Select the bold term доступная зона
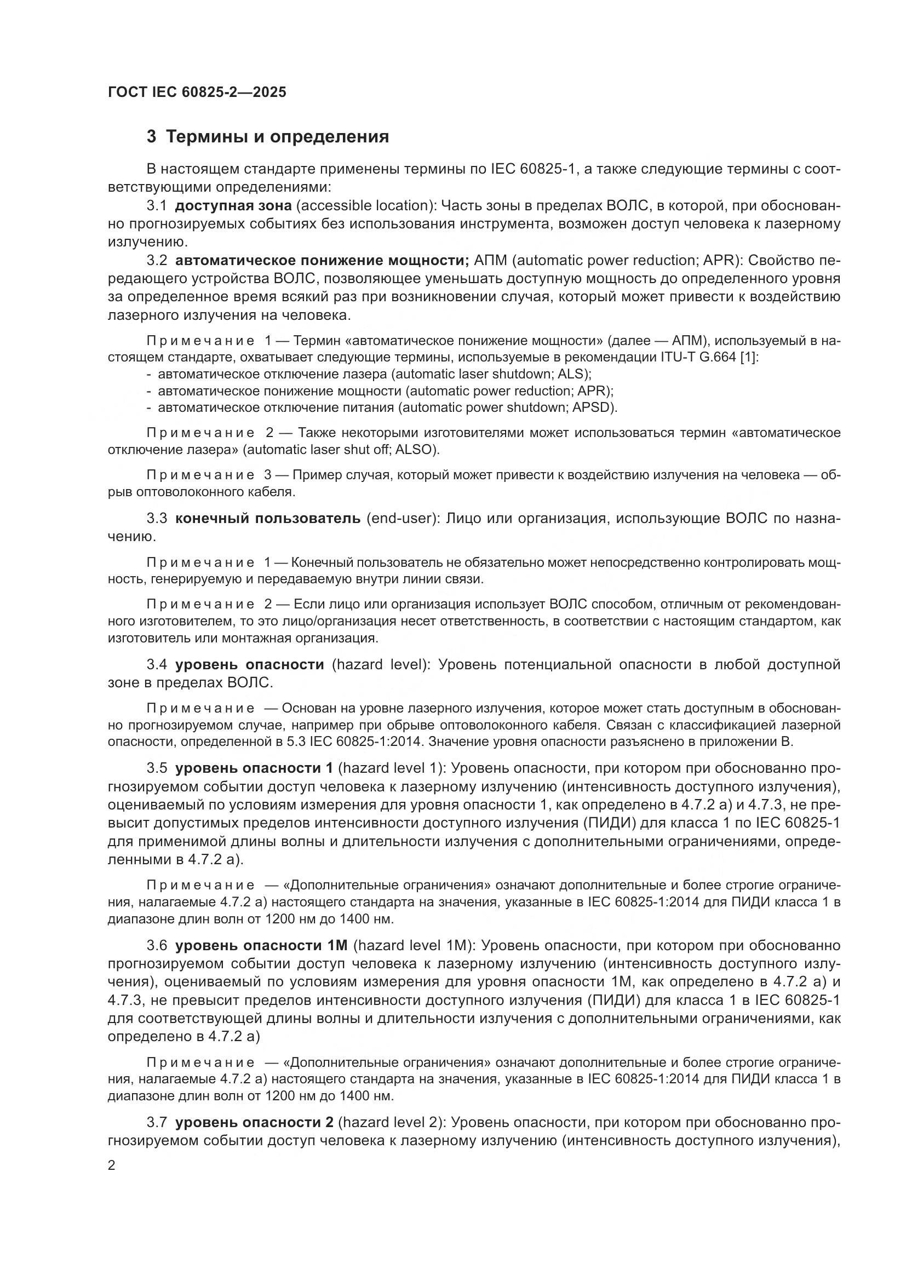pos(233,206)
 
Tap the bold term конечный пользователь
pos(268,518)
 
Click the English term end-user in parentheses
pos(400,518)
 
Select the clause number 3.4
pos(157,664)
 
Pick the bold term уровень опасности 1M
pos(261,946)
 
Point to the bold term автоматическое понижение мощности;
pos(322,261)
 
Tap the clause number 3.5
pos(157,768)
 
